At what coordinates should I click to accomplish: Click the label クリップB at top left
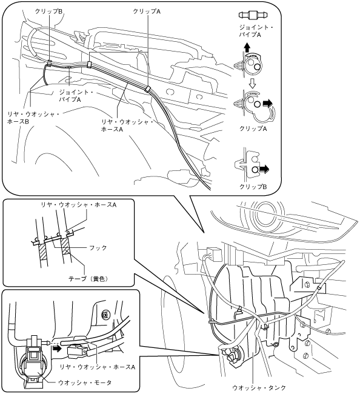tap(48, 11)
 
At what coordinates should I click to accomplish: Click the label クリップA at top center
tap(147, 11)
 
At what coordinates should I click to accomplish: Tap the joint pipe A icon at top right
tap(253, 15)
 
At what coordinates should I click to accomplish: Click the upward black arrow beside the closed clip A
tap(247, 47)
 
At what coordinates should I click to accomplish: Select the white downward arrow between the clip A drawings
tap(252, 83)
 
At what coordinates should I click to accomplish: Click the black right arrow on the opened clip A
tap(267, 103)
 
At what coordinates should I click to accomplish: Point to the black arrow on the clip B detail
tap(264, 169)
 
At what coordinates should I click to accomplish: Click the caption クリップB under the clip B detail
tap(253, 187)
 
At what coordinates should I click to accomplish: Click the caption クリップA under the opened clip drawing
tap(253, 129)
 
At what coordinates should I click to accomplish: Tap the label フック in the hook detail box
tap(98, 248)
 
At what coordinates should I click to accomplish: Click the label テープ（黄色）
tap(88, 279)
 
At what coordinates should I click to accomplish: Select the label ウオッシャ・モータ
tap(85, 382)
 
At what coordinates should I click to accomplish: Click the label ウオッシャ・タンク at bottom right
tap(259, 388)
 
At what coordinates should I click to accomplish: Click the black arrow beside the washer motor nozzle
tap(56, 349)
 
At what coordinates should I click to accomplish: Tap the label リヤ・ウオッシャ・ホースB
tap(33, 118)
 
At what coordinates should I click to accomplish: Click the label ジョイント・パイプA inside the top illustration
tap(76, 96)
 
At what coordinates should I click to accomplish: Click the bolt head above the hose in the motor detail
tap(104, 315)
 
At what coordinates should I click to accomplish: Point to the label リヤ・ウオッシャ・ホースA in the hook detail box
tap(79, 205)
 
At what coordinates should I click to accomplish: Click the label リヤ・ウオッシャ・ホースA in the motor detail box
tap(98, 367)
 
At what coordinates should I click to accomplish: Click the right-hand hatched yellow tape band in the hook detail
tap(66, 247)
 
